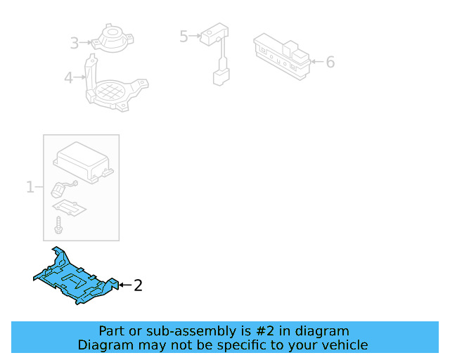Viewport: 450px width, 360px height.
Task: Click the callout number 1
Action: pos(30,187)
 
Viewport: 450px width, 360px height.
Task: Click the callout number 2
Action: pos(138,285)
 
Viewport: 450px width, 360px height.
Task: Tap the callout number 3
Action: pos(75,44)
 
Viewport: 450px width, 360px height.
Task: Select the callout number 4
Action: pos(68,77)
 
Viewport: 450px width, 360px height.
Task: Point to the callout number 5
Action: pos(184,36)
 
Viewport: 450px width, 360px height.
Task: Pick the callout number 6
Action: pos(330,62)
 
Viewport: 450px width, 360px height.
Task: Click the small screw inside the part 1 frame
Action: pos(59,226)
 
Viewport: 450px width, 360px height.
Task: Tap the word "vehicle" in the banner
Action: pos(343,345)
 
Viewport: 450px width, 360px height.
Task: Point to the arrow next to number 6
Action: pos(316,62)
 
